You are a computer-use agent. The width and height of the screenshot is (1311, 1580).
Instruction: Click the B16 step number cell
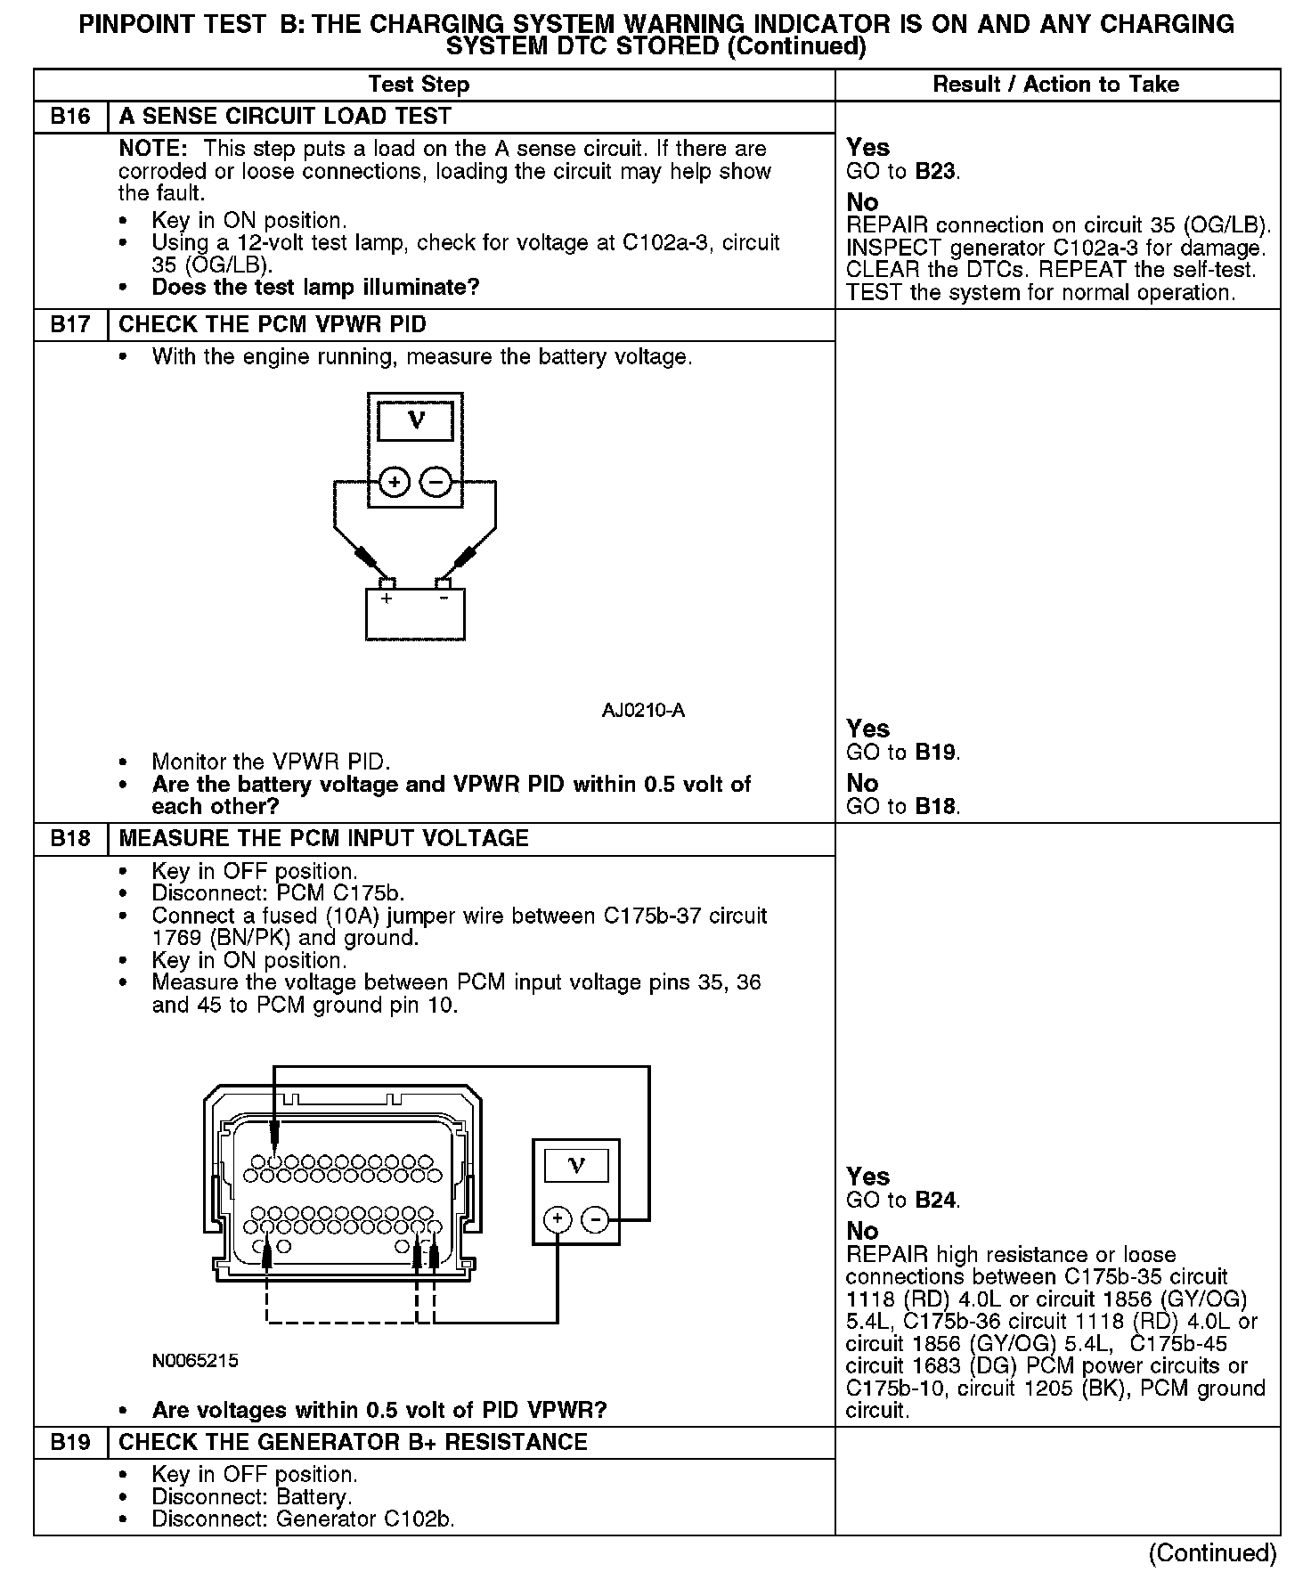[70, 117]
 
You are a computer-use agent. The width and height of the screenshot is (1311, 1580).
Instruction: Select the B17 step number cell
[70, 325]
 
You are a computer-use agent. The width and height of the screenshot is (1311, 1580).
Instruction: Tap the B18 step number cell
[70, 839]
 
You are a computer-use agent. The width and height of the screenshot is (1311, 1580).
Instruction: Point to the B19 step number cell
[70, 1442]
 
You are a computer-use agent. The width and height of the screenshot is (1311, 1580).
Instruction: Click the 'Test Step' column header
[419, 85]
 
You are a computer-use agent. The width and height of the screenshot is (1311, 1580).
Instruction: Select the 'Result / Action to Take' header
[1055, 85]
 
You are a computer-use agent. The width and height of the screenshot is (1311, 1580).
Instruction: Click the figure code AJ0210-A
[643, 711]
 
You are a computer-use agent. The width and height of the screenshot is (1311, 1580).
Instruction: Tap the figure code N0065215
[195, 1361]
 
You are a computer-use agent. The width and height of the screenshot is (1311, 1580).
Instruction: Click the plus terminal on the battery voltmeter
[394, 483]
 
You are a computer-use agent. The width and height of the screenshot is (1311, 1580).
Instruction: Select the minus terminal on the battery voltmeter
[436, 483]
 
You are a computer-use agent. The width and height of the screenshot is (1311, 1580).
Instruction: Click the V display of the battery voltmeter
[415, 420]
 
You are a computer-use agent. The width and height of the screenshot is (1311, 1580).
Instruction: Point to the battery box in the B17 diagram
[415, 615]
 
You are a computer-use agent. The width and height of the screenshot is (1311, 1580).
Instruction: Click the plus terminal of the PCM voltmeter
[558, 1219]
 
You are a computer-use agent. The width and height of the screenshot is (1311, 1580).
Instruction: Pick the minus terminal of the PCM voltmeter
[597, 1219]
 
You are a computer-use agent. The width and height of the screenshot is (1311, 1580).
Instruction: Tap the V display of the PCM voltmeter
[576, 1165]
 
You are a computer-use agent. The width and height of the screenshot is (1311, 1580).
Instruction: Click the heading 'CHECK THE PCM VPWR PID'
[273, 325]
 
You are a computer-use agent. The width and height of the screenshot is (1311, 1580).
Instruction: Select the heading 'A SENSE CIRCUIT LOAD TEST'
[285, 117]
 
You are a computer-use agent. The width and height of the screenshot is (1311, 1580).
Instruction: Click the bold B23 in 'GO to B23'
[935, 171]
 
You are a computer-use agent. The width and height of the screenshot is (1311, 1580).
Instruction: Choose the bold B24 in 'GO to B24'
[935, 1200]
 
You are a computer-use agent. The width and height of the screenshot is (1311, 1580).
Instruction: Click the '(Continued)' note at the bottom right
[1212, 1553]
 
